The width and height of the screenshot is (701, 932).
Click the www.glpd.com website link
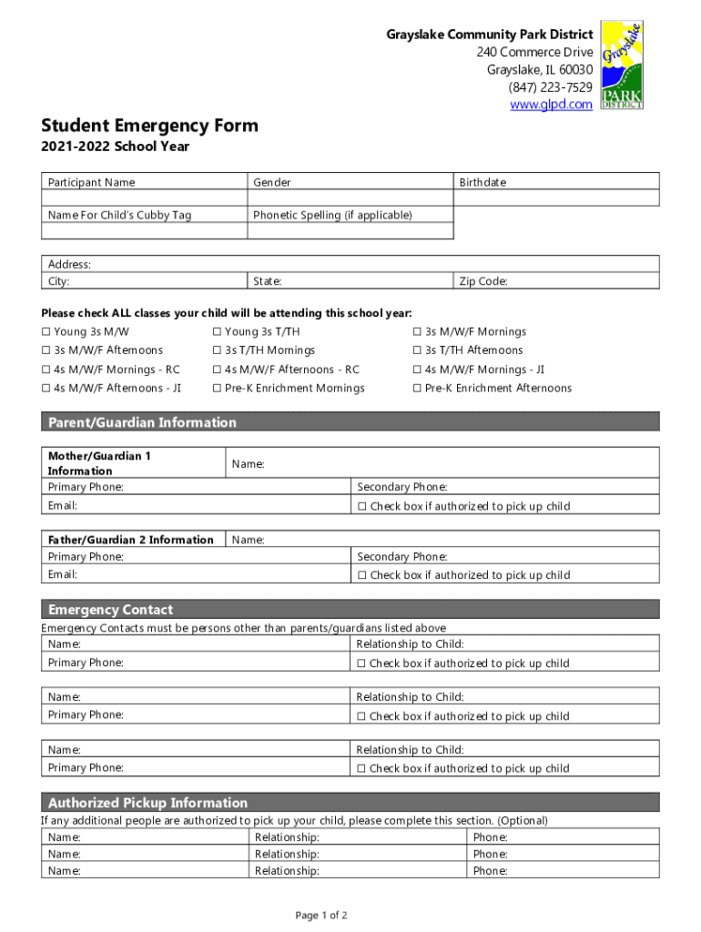pyautogui.click(x=551, y=105)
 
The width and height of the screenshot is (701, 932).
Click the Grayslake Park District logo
pyautogui.click(x=622, y=64)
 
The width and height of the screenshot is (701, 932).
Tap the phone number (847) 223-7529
pyautogui.click(x=551, y=87)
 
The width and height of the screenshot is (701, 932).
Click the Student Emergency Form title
pyautogui.click(x=149, y=126)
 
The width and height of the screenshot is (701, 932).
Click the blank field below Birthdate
pyautogui.click(x=555, y=198)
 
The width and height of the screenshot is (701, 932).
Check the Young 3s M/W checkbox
pyautogui.click(x=46, y=332)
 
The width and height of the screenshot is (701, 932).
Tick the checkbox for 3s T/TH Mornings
pyautogui.click(x=218, y=350)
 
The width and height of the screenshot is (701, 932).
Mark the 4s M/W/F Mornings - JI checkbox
pyautogui.click(x=418, y=370)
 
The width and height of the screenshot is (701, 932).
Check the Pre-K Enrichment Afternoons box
pyautogui.click(x=418, y=389)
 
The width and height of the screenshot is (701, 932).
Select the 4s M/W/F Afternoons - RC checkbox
pyautogui.click(x=218, y=370)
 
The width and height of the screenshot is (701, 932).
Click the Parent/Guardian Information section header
pyautogui.click(x=142, y=422)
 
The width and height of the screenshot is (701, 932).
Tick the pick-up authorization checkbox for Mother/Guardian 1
pyautogui.click(x=362, y=507)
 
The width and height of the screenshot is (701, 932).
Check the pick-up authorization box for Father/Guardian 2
pyautogui.click(x=362, y=575)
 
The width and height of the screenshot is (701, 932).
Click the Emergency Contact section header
pyautogui.click(x=110, y=610)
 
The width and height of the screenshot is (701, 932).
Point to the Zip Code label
pyautogui.click(x=483, y=281)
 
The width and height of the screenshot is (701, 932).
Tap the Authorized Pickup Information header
pyautogui.click(x=147, y=803)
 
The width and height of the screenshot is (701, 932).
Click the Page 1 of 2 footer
pyautogui.click(x=321, y=915)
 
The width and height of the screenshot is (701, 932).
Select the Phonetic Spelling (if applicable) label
pyautogui.click(x=332, y=215)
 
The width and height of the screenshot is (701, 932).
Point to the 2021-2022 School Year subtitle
pyautogui.click(x=115, y=147)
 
